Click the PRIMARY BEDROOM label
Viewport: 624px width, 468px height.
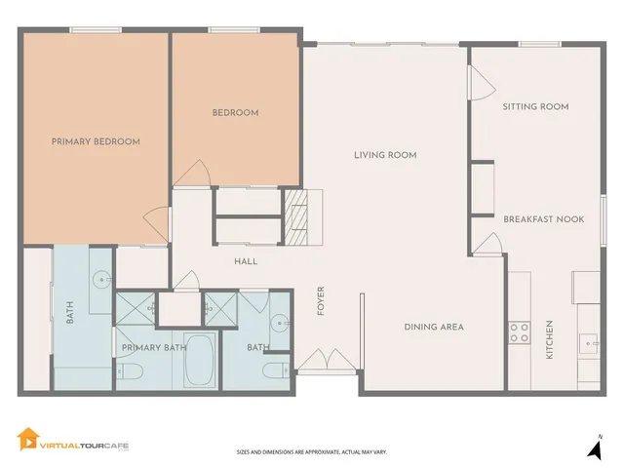96,141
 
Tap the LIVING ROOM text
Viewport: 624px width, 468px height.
385,155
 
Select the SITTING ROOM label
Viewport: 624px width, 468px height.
535,106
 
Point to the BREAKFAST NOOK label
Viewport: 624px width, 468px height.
543,219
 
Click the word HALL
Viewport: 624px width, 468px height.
245,262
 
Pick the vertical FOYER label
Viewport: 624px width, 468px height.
321,301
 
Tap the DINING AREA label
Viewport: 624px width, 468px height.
434,327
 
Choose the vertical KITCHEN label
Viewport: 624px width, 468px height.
549,339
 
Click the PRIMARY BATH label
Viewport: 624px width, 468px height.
153,347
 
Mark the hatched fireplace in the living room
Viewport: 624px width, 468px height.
296,222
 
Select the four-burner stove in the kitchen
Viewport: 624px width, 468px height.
519,331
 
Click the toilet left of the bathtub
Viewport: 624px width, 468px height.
132,370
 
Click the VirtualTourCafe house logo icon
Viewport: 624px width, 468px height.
29,441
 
